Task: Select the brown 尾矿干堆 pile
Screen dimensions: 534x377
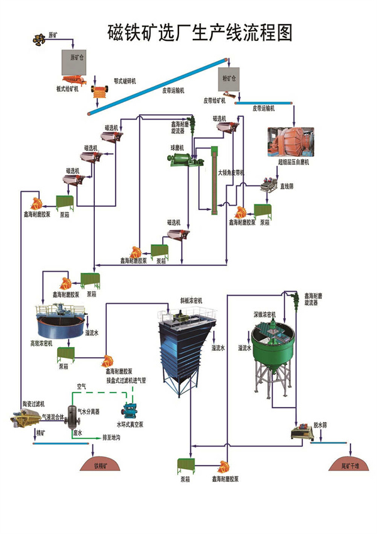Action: [x=347, y=464]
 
